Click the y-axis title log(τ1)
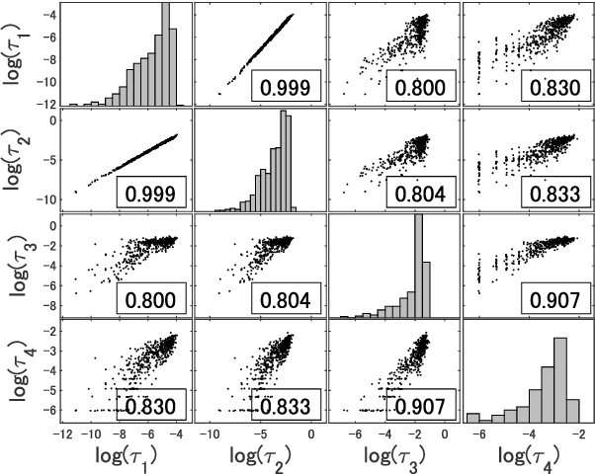(x=17, y=54)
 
